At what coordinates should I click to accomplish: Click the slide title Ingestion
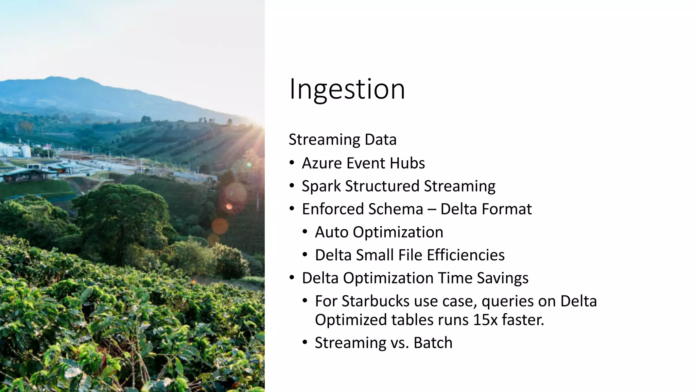pyautogui.click(x=347, y=89)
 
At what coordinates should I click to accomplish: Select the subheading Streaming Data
pyautogui.click(x=343, y=140)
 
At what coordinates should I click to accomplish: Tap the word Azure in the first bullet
pyautogui.click(x=322, y=163)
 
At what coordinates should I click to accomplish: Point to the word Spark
pyautogui.click(x=321, y=186)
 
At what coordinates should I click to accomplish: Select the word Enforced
pyautogui.click(x=328, y=209)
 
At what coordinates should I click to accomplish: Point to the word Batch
pyautogui.click(x=433, y=343)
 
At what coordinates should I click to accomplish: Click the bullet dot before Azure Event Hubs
pyautogui.click(x=292, y=163)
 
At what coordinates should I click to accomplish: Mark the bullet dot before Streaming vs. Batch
pyautogui.click(x=305, y=342)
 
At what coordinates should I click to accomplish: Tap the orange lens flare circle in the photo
pyautogui.click(x=220, y=226)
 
